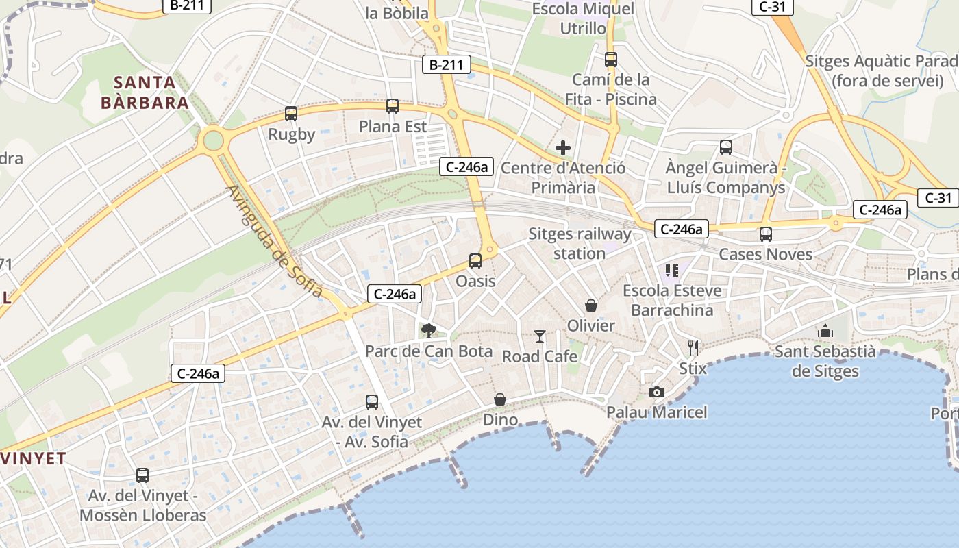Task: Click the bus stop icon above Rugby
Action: [291, 114]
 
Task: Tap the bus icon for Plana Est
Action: [393, 106]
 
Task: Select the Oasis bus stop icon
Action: [475, 260]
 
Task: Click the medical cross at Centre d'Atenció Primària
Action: [563, 148]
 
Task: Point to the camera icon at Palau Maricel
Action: [657, 392]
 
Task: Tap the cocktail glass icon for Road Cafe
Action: [540, 336]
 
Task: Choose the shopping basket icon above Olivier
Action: [590, 305]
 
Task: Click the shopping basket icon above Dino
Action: [501, 399]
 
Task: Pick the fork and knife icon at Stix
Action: [693, 348]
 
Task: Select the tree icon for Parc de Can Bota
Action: [429, 331]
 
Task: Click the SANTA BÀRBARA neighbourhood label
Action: [145, 92]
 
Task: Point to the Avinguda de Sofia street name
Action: [274, 242]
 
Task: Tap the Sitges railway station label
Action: [580, 243]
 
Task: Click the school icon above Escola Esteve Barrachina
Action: [671, 270]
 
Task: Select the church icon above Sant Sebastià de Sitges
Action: [825, 332]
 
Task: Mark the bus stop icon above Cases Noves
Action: [766, 234]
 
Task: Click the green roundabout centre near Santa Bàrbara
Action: [214, 141]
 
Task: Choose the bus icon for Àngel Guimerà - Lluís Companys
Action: [726, 147]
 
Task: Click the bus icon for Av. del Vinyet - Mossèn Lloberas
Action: [142, 475]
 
